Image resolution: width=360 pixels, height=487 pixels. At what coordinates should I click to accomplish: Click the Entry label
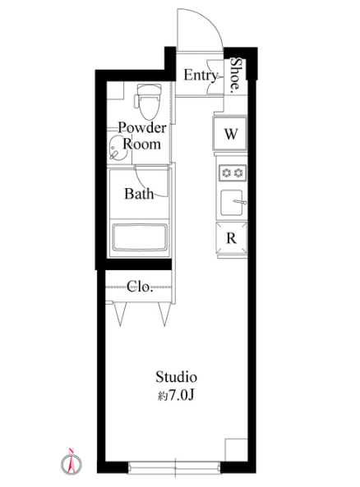click(x=201, y=76)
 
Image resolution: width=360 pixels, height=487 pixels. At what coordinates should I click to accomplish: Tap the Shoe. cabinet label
click(x=235, y=76)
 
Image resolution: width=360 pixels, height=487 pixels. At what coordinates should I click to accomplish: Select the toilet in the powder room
click(x=149, y=102)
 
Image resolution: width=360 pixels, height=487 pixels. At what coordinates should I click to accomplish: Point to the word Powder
click(x=142, y=127)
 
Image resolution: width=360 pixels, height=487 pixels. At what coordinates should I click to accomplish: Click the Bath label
click(x=139, y=194)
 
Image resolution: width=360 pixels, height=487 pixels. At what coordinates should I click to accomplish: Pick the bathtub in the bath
click(x=139, y=237)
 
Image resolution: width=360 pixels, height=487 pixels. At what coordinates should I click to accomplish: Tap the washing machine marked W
click(x=230, y=133)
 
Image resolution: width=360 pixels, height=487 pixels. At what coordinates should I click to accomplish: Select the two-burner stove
click(x=232, y=172)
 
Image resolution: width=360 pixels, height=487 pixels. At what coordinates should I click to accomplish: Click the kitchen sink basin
click(x=231, y=202)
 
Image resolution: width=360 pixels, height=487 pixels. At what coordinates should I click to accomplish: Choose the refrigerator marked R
click(x=232, y=238)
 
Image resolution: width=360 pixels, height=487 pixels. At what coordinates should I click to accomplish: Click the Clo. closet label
click(x=140, y=287)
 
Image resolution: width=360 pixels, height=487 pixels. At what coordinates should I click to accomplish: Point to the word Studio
click(x=176, y=377)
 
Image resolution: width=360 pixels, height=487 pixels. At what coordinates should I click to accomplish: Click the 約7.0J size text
click(x=176, y=395)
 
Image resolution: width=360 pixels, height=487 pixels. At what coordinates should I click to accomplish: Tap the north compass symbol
click(x=72, y=462)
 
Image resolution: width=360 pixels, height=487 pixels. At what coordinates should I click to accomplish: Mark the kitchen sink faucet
click(x=239, y=202)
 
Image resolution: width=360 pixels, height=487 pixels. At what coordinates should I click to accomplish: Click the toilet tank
click(x=149, y=90)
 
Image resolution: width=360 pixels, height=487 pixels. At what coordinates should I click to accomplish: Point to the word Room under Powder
click(x=141, y=144)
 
